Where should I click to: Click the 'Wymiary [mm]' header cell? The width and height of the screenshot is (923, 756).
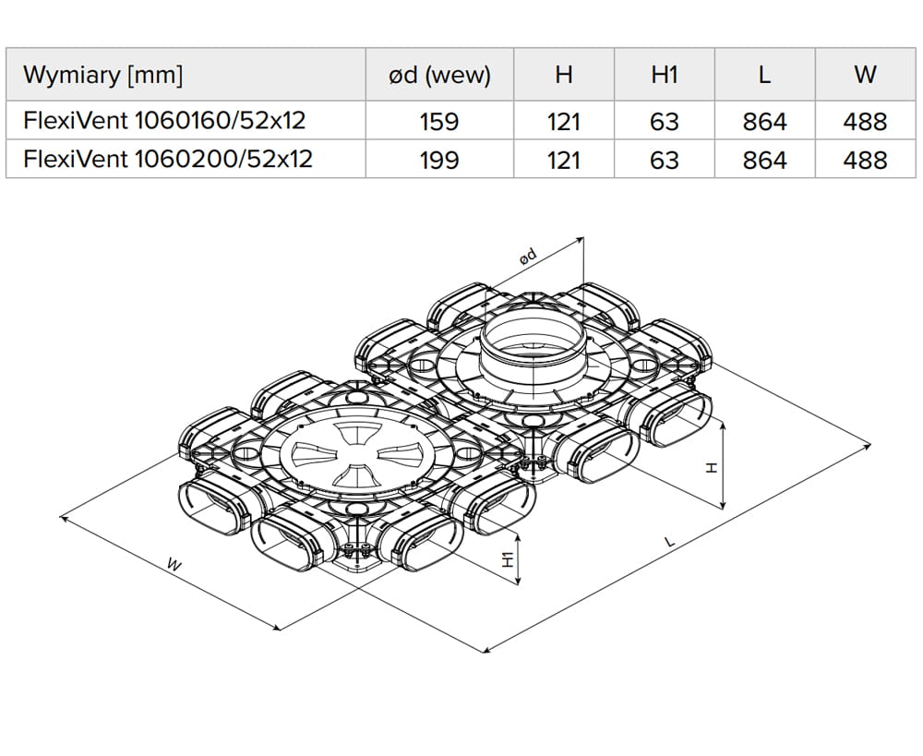click(x=103, y=76)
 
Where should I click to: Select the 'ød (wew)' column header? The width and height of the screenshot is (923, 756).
click(x=439, y=76)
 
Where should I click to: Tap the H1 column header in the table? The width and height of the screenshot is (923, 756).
click(x=665, y=76)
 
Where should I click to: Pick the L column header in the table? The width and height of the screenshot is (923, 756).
click(x=764, y=76)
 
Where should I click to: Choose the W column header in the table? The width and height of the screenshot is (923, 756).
click(x=865, y=76)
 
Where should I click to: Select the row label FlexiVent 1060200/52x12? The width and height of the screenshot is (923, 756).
click(x=168, y=159)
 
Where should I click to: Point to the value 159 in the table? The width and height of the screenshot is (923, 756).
click(x=439, y=121)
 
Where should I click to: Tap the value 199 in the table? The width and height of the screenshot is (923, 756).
click(x=439, y=160)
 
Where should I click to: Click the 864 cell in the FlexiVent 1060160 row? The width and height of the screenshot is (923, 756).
click(x=764, y=121)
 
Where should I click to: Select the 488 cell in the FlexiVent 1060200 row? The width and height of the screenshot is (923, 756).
click(x=865, y=160)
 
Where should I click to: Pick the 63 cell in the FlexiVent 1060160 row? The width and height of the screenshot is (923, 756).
click(x=665, y=121)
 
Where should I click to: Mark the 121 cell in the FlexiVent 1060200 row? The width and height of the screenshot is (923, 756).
click(x=563, y=160)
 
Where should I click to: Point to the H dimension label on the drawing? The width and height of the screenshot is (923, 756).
click(x=711, y=468)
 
